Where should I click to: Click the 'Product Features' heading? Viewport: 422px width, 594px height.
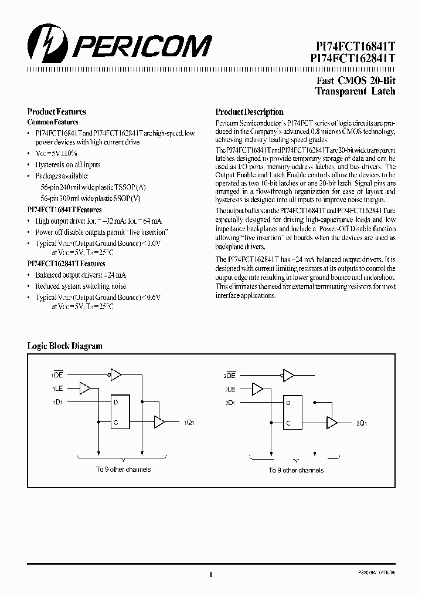(x=57, y=112)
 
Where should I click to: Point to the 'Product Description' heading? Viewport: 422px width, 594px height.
(x=249, y=112)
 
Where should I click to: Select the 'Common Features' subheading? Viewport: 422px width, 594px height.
(x=53, y=122)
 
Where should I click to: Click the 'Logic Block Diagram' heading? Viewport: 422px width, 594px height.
(x=65, y=346)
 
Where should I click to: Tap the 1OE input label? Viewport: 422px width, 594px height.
(x=57, y=374)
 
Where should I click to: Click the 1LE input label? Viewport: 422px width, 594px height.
(x=57, y=389)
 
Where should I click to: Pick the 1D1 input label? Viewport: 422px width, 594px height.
(x=57, y=402)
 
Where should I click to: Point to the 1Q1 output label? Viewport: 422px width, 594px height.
(x=189, y=423)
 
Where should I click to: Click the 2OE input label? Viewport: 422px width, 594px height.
(x=229, y=374)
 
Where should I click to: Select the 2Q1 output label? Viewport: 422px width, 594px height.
(x=362, y=423)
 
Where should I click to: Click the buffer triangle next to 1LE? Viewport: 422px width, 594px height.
(x=85, y=389)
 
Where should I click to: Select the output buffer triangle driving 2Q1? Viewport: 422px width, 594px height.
(x=332, y=422)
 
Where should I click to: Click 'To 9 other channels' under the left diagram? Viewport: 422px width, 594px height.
(x=123, y=470)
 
